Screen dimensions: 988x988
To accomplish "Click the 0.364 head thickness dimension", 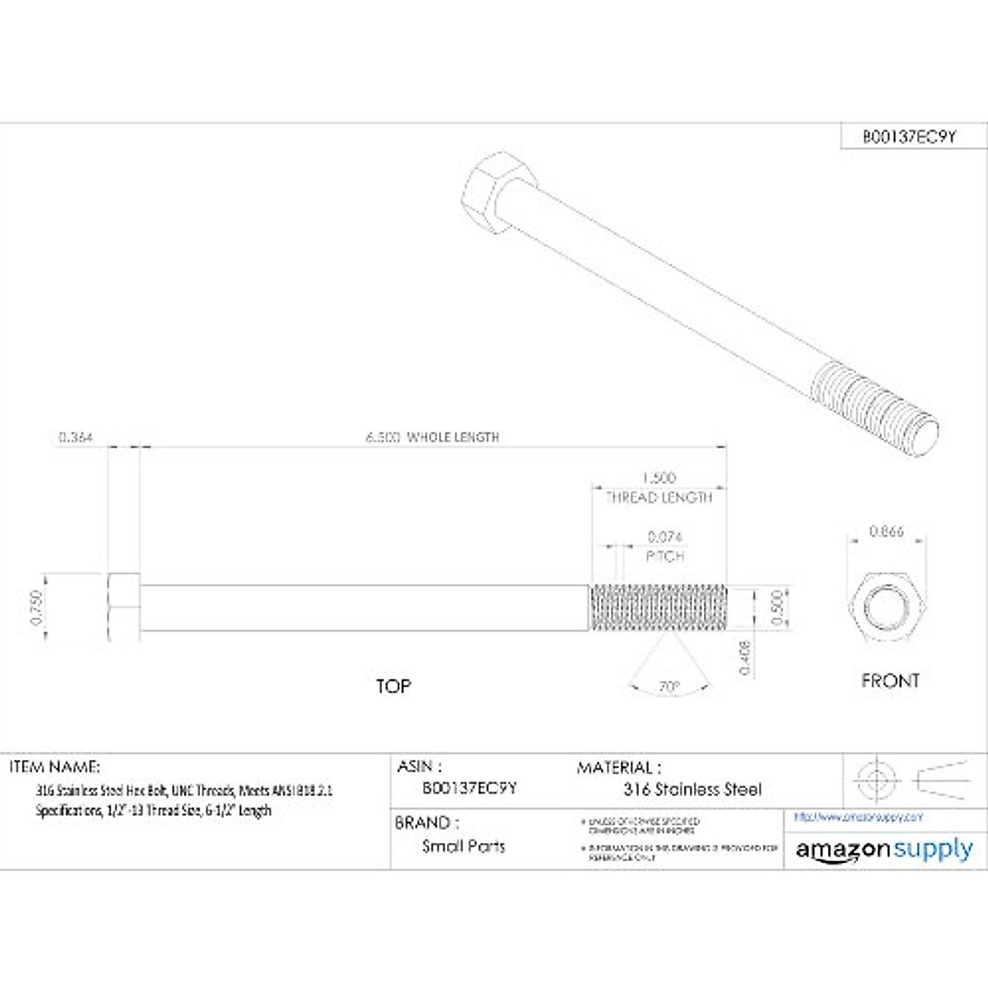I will pos(76,437).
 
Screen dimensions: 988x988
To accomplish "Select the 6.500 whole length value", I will pos(383,437).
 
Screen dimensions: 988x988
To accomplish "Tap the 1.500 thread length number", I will pos(659,478).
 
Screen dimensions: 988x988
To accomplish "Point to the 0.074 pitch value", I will pos(664,537).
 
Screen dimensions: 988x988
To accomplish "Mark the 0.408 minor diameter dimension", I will pos(745,658).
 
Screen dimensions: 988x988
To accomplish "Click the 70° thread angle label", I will pos(669,686).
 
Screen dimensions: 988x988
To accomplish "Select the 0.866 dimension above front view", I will pos(886,532).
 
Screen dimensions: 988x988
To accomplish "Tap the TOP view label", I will pos(394,686).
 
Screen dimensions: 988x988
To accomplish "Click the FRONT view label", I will pos(890,681).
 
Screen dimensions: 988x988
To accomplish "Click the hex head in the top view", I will pos(124,608).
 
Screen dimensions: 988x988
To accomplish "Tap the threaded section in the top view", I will pos(658,608).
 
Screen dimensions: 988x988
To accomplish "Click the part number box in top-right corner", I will pos(909,137).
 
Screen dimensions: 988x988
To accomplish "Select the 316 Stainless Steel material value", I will pos(692,790).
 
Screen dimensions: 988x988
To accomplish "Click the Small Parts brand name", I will pos(464,846).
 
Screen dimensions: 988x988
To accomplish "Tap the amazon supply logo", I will pos(884,850).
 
